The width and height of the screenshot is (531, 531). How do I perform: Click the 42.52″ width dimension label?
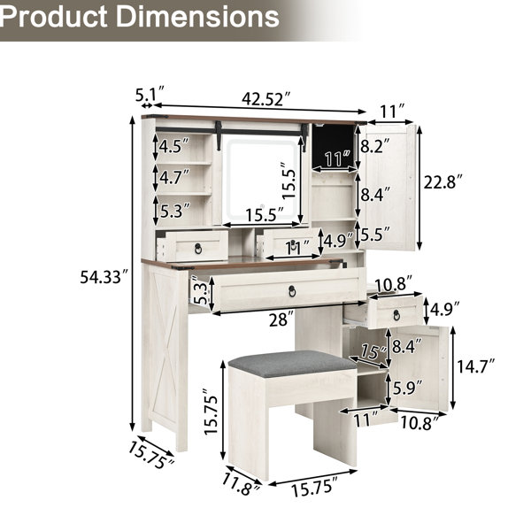266,99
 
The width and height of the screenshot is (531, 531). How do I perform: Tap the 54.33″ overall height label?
105,277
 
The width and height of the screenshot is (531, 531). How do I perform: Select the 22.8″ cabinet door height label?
443,183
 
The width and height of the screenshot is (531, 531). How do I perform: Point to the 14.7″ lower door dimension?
476,366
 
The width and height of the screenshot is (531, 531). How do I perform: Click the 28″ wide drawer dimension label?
281,319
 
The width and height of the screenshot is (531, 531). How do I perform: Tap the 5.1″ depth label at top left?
150,94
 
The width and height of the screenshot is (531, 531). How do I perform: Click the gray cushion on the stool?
292,364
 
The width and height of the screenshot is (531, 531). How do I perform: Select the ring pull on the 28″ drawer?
292,290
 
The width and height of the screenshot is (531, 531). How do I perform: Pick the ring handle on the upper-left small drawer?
198,248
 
